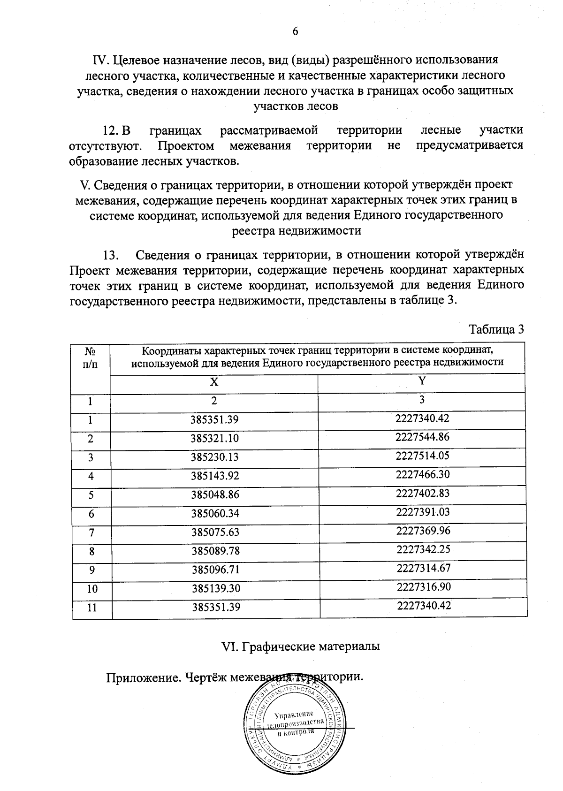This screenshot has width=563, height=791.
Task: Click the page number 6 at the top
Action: (295, 31)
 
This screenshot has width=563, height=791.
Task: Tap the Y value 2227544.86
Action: (422, 437)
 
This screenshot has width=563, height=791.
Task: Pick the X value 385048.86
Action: (215, 494)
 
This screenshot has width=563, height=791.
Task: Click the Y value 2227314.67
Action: (423, 568)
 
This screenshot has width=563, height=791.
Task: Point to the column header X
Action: (214, 382)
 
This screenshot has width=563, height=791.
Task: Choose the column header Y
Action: (422, 381)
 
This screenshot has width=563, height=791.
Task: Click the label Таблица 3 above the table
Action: (496, 329)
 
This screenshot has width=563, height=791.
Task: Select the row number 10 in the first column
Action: (92, 589)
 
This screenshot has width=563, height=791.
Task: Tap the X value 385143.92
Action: (215, 476)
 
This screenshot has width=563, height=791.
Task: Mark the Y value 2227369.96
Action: (423, 531)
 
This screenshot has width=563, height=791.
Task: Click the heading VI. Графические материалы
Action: (300, 646)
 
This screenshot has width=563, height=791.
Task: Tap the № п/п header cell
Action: (91, 357)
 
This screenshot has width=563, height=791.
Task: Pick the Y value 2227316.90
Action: (423, 587)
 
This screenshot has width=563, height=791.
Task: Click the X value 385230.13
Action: (215, 457)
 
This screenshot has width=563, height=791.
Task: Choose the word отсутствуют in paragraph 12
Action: (106, 145)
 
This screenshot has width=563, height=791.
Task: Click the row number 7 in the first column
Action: (91, 532)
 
